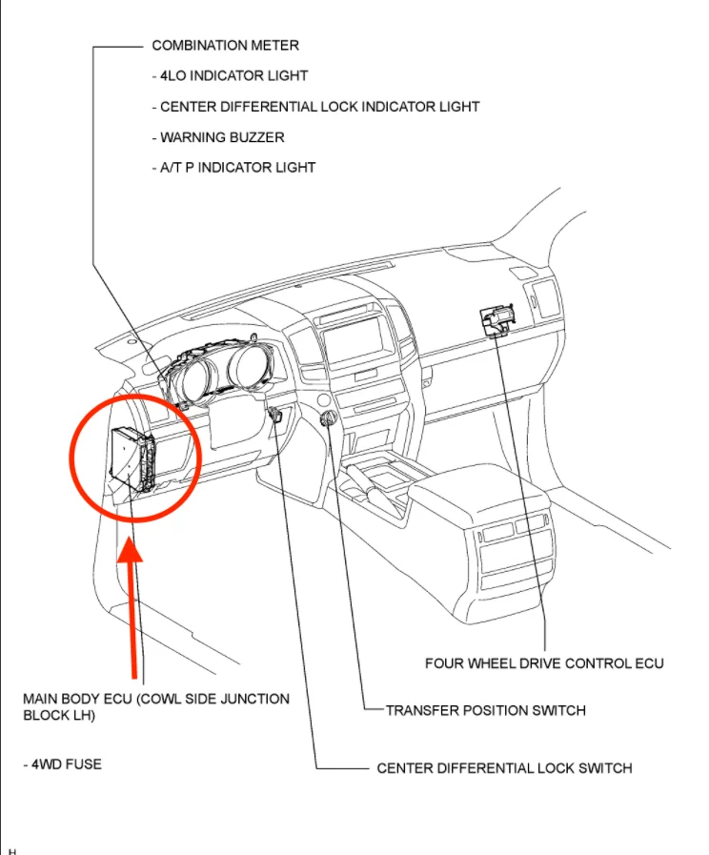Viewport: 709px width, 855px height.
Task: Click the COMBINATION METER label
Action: [x=225, y=45]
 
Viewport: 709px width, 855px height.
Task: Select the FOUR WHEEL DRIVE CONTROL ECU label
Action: [x=544, y=662]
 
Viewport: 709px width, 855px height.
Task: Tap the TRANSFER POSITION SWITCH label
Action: [x=485, y=710]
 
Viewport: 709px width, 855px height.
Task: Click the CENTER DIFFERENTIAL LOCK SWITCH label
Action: [x=504, y=767]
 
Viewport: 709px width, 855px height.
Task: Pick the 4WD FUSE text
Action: [x=62, y=763]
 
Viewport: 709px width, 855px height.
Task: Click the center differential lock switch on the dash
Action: [x=277, y=416]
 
